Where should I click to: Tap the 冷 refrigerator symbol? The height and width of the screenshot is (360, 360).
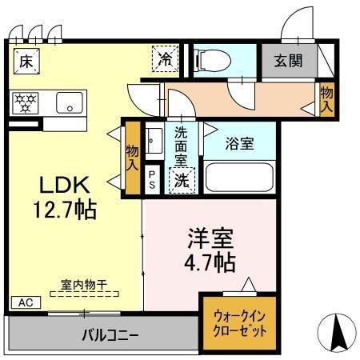coord(165,58)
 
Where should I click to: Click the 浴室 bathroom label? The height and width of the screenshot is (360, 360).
coord(238,145)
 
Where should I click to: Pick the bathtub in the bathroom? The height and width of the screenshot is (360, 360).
coord(239,176)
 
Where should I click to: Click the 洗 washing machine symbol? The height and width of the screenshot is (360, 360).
coord(182,181)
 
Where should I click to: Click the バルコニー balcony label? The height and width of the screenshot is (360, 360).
coord(110,333)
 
